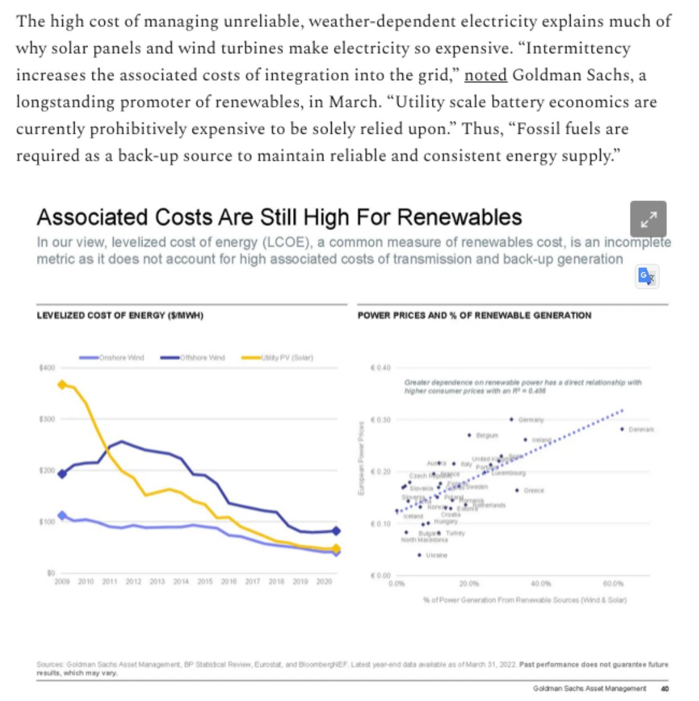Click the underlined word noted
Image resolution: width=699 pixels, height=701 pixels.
pos(486,75)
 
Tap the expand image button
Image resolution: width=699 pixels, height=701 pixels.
pos(648,219)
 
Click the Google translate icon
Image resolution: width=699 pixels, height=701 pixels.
pos(647,276)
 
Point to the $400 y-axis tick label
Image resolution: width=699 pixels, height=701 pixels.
pos(47,368)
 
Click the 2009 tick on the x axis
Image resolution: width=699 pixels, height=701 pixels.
pos(62,581)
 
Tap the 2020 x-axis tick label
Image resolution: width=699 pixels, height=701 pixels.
pos(324,581)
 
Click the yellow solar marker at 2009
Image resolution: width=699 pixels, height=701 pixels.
pos(62,385)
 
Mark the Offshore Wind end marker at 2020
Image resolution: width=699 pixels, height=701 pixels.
pos(336,531)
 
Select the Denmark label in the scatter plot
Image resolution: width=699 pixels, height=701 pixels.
pos(642,430)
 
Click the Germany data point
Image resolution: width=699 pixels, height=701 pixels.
pos(511,419)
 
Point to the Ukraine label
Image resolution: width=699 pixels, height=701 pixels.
pos(436,555)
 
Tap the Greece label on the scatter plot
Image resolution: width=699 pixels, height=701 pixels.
pos(534,491)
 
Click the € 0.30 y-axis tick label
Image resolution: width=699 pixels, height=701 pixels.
pos(380,420)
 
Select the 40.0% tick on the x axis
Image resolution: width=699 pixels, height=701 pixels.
pos(541,583)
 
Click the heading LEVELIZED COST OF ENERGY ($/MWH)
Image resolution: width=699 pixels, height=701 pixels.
pos(120,316)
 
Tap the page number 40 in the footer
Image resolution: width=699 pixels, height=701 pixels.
pos(664,689)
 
